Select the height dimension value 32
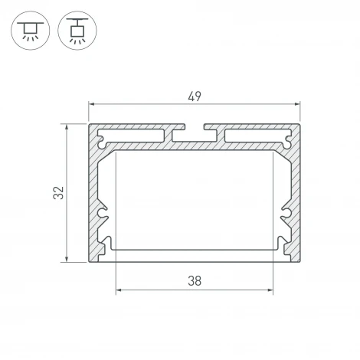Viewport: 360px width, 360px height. tap(58, 193)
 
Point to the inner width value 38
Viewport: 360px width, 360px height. tap(194, 280)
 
